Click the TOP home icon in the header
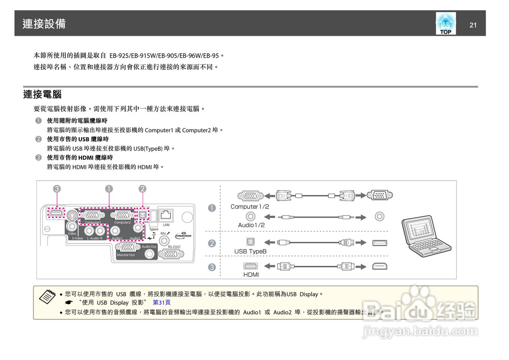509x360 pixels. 446,23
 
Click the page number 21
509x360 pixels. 473,25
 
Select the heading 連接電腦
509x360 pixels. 42,95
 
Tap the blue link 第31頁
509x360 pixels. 161,302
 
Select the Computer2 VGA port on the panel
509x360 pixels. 122,215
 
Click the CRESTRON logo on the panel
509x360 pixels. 183,235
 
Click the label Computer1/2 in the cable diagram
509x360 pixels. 250,207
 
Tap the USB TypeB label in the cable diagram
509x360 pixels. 250,251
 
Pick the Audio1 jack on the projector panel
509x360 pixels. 117,230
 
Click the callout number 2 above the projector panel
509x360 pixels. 142,189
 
